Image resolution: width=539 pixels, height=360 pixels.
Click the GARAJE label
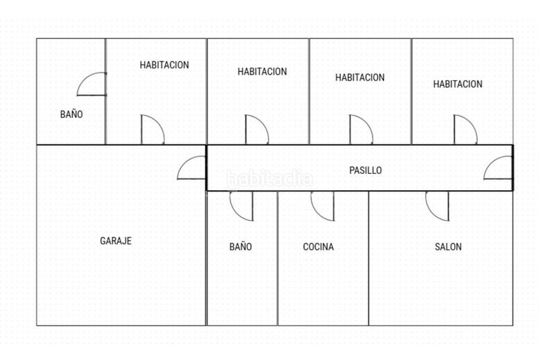pyautogui.click(x=115, y=241)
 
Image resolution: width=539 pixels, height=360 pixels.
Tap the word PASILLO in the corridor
pyautogui.click(x=365, y=170)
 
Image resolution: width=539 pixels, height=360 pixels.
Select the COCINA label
pyautogui.click(x=318, y=247)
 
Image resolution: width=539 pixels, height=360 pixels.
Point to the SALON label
pyautogui.click(x=448, y=247)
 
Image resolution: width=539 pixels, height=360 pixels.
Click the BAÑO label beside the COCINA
pyautogui.click(x=241, y=246)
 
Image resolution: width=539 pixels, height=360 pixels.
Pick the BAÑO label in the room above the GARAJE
pyautogui.click(x=71, y=114)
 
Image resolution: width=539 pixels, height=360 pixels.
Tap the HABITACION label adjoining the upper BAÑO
pyautogui.click(x=164, y=65)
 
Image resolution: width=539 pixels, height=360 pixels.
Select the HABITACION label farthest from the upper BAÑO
pyautogui.click(x=457, y=84)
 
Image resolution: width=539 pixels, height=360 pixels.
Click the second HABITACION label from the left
pyautogui.click(x=262, y=71)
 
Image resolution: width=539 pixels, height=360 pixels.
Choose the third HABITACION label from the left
pyautogui.click(x=360, y=78)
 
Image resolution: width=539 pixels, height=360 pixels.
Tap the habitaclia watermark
pyautogui.click(x=269, y=179)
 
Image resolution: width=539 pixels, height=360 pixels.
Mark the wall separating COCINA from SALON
pyautogui.click(x=369, y=258)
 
